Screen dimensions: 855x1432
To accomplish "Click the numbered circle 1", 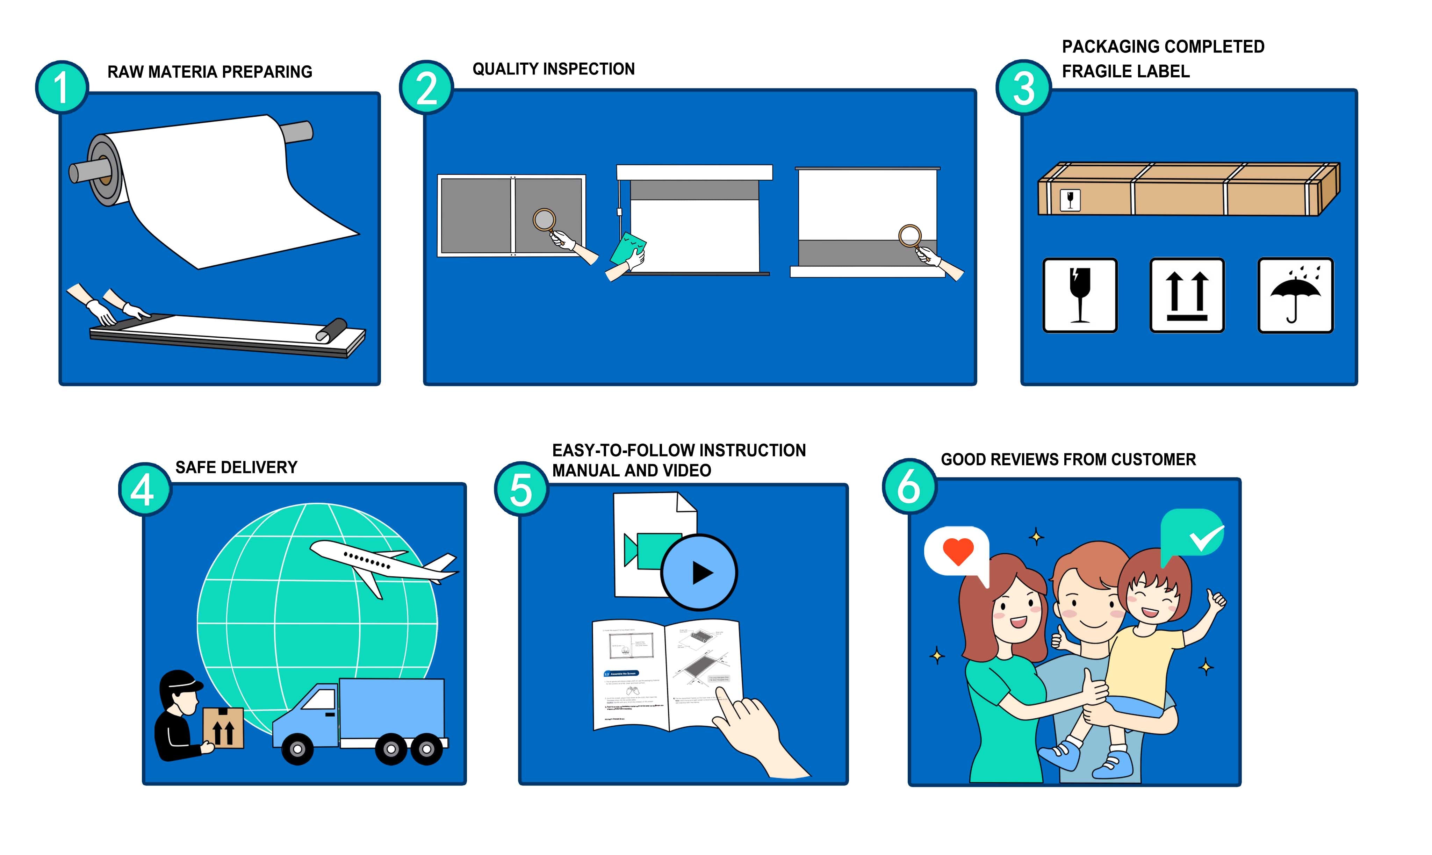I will (62, 88).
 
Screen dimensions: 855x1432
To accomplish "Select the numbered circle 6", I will (909, 487).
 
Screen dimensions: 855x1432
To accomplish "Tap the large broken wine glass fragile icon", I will (1079, 295).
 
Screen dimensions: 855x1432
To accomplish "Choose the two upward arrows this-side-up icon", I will (1187, 295).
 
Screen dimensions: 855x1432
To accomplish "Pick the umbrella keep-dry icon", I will (1295, 295).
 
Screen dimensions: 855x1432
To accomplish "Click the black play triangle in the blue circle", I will (701, 573).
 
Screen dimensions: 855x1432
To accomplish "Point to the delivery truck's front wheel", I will (297, 749).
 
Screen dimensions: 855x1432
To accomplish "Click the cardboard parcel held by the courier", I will (223, 728).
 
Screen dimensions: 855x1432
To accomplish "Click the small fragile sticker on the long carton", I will (1070, 200).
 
